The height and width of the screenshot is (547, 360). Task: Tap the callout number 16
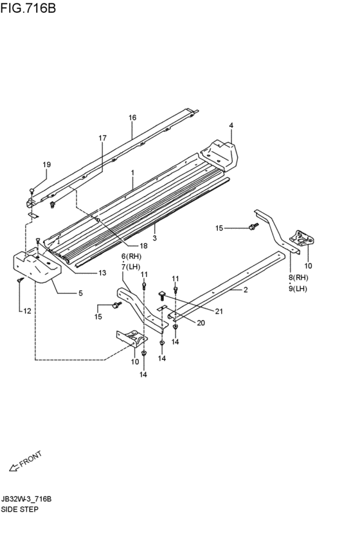pyautogui.click(x=132, y=118)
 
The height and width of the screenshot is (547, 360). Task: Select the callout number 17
pyautogui.click(x=102, y=138)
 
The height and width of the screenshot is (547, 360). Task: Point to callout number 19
pyautogui.click(x=47, y=165)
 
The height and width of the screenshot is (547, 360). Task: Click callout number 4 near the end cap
pyautogui.click(x=231, y=125)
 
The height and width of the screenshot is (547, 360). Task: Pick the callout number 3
pyautogui.click(x=154, y=238)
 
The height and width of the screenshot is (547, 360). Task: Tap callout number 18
pyautogui.click(x=143, y=246)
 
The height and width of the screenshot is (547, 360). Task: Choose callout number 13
pyautogui.click(x=102, y=273)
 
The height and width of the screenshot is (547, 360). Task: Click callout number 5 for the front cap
pyautogui.click(x=80, y=293)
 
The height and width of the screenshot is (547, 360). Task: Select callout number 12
pyautogui.click(x=27, y=311)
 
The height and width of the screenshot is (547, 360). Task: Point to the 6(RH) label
pyautogui.click(x=131, y=256)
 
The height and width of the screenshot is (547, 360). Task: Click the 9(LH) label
pyautogui.click(x=298, y=289)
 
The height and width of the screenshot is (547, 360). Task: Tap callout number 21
pyautogui.click(x=219, y=312)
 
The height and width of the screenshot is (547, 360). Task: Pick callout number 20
pyautogui.click(x=201, y=323)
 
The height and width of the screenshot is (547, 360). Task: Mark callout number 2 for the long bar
pyautogui.click(x=246, y=289)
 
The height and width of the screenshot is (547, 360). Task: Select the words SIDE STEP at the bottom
pyautogui.click(x=19, y=509)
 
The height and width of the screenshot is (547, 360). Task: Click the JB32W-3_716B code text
pyautogui.click(x=26, y=499)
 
